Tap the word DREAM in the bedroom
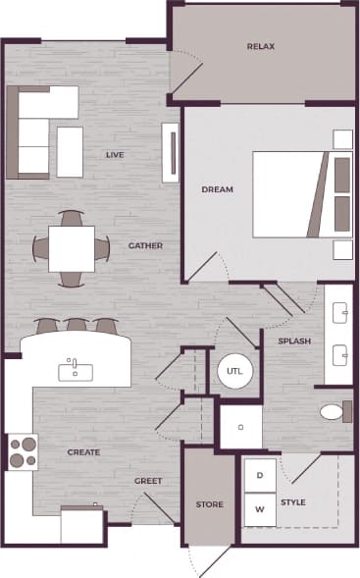coord(217,189)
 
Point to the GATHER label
coord(145,245)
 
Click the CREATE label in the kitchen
coord(84,452)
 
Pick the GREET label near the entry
coord(148,481)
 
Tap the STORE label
coord(210,504)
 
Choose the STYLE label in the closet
coord(293,502)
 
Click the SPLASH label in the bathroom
coord(294,342)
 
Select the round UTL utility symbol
coord(234,371)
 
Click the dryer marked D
coord(260,475)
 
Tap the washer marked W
coord(260,509)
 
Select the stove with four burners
coord(22,451)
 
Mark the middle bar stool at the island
coord(76,325)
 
